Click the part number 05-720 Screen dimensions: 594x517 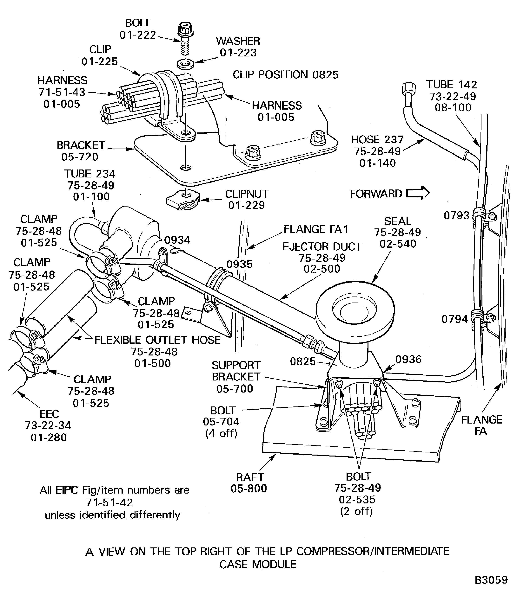(x=80, y=157)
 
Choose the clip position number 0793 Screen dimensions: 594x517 (x=457, y=215)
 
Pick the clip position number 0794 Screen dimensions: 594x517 (x=455, y=319)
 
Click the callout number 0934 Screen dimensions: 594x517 (x=177, y=240)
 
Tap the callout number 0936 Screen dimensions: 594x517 (x=408, y=359)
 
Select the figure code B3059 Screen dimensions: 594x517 (x=491, y=580)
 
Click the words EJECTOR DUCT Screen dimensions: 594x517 (x=322, y=247)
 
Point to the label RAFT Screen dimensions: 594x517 (x=250, y=477)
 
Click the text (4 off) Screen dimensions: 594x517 (x=221, y=433)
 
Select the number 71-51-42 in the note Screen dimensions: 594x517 (x=109, y=502)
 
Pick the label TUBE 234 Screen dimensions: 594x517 (x=89, y=174)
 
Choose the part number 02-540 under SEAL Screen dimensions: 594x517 (x=398, y=244)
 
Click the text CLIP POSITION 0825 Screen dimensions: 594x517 (x=285, y=75)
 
